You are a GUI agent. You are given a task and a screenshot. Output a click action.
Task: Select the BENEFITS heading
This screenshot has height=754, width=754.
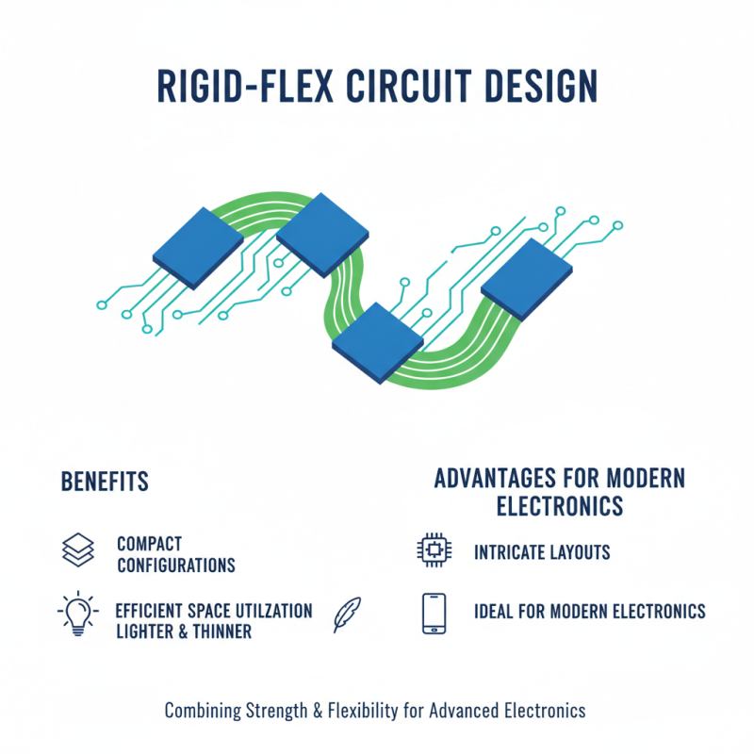(105, 482)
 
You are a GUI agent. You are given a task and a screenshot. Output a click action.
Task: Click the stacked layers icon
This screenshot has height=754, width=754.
(77, 551)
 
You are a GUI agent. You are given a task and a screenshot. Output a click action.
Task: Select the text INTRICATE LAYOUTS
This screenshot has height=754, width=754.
(542, 552)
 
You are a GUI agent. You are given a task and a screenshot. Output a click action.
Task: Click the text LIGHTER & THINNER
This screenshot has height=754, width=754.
(183, 631)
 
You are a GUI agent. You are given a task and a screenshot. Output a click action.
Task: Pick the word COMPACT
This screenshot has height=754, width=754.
(149, 544)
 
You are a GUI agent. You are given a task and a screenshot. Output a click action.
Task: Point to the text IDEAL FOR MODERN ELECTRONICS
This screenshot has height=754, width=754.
(589, 612)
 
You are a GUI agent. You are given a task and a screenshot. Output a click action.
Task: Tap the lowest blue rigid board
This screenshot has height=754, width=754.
(378, 342)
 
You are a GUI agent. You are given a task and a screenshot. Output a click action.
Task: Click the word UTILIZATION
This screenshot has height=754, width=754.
(264, 610)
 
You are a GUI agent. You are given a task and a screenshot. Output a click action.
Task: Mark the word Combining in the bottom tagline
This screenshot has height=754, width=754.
(201, 710)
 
